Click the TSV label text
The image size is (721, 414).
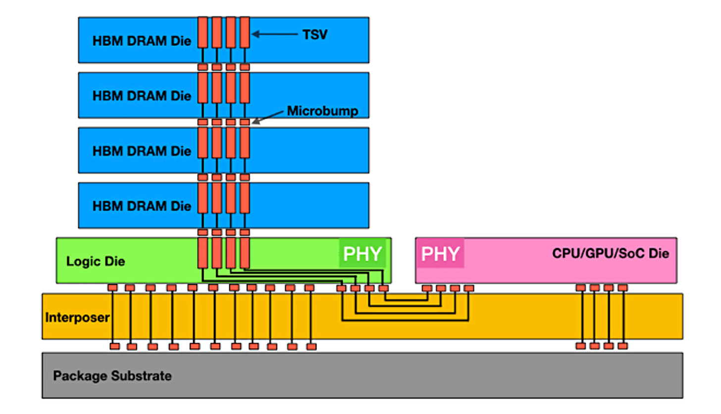[315, 35]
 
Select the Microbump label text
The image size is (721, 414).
[322, 111]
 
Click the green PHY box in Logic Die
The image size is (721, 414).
[362, 253]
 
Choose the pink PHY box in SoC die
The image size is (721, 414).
[440, 253]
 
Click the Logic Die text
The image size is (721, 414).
[96, 262]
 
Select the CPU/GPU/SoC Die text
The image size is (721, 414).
[610, 254]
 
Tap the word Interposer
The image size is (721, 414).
[77, 317]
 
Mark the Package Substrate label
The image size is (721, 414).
[112, 376]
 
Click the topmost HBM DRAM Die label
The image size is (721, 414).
[142, 41]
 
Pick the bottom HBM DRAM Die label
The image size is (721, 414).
[142, 205]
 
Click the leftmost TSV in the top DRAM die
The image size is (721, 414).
[203, 33]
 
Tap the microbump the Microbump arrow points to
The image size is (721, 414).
[245, 122]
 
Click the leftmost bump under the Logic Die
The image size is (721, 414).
[113, 287]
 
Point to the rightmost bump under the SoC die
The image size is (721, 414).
[622, 287]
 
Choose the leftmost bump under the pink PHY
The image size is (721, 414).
[426, 288]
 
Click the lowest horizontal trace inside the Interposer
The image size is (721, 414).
[405, 321]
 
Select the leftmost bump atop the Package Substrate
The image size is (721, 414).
[115, 346]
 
